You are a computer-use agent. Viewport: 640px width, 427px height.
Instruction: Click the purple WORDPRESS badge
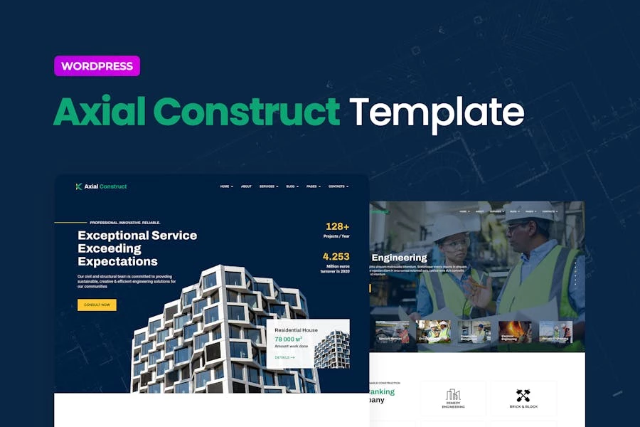tap(97, 66)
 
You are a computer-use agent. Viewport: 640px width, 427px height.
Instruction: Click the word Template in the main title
tap(436, 112)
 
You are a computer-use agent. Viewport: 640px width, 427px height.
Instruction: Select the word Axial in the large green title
tap(99, 112)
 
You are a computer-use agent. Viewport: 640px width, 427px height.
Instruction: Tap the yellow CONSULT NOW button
tap(97, 305)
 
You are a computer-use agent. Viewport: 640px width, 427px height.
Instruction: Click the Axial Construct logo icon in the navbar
tap(79, 186)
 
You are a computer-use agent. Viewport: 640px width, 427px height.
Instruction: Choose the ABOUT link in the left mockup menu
tap(246, 186)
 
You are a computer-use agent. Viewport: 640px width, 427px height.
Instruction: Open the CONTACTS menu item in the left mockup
tap(338, 186)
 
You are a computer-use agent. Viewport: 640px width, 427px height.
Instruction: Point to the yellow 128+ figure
tap(337, 226)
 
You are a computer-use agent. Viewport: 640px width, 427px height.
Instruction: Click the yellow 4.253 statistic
tap(336, 256)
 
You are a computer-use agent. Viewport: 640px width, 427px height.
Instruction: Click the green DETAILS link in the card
tap(284, 357)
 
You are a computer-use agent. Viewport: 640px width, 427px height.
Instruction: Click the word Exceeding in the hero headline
tap(110, 248)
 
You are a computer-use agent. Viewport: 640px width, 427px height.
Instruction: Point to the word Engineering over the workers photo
tap(400, 258)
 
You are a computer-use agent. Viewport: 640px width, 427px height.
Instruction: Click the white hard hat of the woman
tap(449, 226)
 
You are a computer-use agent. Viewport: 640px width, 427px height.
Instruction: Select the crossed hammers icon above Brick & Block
tap(523, 395)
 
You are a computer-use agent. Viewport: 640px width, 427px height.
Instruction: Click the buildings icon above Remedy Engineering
tap(453, 395)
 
